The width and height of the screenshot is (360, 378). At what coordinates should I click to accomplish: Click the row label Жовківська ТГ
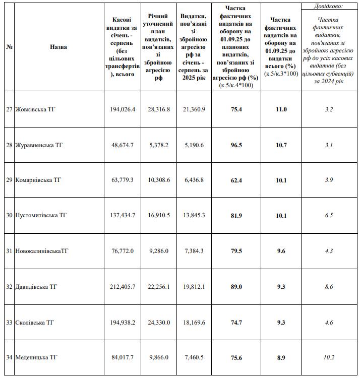click(x=35, y=109)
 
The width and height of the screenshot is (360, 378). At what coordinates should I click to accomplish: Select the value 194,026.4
click(x=123, y=109)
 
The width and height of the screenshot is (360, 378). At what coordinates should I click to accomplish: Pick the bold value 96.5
click(x=236, y=145)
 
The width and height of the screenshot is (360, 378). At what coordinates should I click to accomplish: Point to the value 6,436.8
click(x=193, y=180)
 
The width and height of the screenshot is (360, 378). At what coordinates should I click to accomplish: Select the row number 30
click(x=9, y=215)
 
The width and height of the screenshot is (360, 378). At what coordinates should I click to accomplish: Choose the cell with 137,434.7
click(x=123, y=215)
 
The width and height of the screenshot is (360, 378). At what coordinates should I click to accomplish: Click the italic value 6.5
click(x=329, y=215)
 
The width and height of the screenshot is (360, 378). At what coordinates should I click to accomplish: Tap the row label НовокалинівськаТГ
click(x=42, y=251)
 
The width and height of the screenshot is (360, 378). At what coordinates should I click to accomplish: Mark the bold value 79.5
click(x=236, y=251)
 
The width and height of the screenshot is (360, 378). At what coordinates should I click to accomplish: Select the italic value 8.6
click(x=329, y=287)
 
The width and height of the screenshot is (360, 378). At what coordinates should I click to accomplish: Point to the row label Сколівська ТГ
click(x=35, y=322)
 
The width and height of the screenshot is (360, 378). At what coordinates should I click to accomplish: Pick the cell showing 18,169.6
click(x=193, y=322)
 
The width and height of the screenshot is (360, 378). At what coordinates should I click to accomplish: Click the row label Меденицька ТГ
click(x=36, y=357)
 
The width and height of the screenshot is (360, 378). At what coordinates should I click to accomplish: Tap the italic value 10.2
click(x=329, y=357)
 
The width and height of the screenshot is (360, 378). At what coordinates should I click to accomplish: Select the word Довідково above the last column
click(x=329, y=6)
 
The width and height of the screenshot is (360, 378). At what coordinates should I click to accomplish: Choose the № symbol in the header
click(x=9, y=47)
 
